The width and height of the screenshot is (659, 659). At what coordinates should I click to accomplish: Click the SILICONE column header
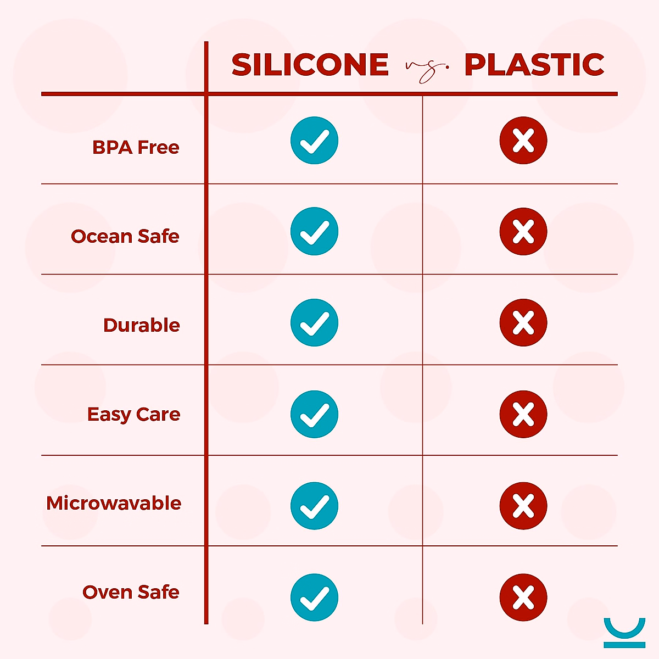pyautogui.click(x=310, y=65)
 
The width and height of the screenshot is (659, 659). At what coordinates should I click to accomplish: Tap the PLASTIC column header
pyautogui.click(x=534, y=65)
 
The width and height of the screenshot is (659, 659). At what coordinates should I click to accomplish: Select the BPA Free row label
pyautogui.click(x=136, y=147)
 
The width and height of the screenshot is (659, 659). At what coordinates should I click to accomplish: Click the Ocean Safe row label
pyautogui.click(x=125, y=236)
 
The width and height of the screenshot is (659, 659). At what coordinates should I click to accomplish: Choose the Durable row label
pyautogui.click(x=142, y=325)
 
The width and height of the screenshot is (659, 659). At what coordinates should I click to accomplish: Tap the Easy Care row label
pyautogui.click(x=133, y=414)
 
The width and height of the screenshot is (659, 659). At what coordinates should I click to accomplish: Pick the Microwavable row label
pyautogui.click(x=114, y=503)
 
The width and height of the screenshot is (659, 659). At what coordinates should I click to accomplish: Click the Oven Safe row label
pyautogui.click(x=131, y=592)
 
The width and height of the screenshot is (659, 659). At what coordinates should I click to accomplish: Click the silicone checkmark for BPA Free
pyautogui.click(x=314, y=141)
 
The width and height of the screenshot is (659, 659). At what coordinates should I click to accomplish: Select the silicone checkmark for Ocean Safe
pyautogui.click(x=314, y=231)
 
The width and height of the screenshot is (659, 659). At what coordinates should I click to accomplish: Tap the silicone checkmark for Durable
pyautogui.click(x=314, y=322)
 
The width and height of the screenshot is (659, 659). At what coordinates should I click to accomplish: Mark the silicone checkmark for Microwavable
pyautogui.click(x=314, y=506)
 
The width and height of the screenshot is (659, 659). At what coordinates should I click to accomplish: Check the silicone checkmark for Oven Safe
pyautogui.click(x=314, y=597)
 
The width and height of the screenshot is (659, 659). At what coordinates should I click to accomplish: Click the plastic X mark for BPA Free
pyautogui.click(x=523, y=141)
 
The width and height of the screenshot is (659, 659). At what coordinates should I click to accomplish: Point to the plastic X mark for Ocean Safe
pyautogui.click(x=523, y=231)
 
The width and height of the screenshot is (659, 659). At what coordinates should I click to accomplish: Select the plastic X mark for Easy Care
pyautogui.click(x=523, y=414)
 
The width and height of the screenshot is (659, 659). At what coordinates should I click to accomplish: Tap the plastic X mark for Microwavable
pyautogui.click(x=523, y=506)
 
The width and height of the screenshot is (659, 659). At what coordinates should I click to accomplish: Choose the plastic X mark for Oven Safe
pyautogui.click(x=523, y=597)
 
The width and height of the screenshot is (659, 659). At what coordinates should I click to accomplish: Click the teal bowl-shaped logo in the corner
pyautogui.click(x=624, y=632)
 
